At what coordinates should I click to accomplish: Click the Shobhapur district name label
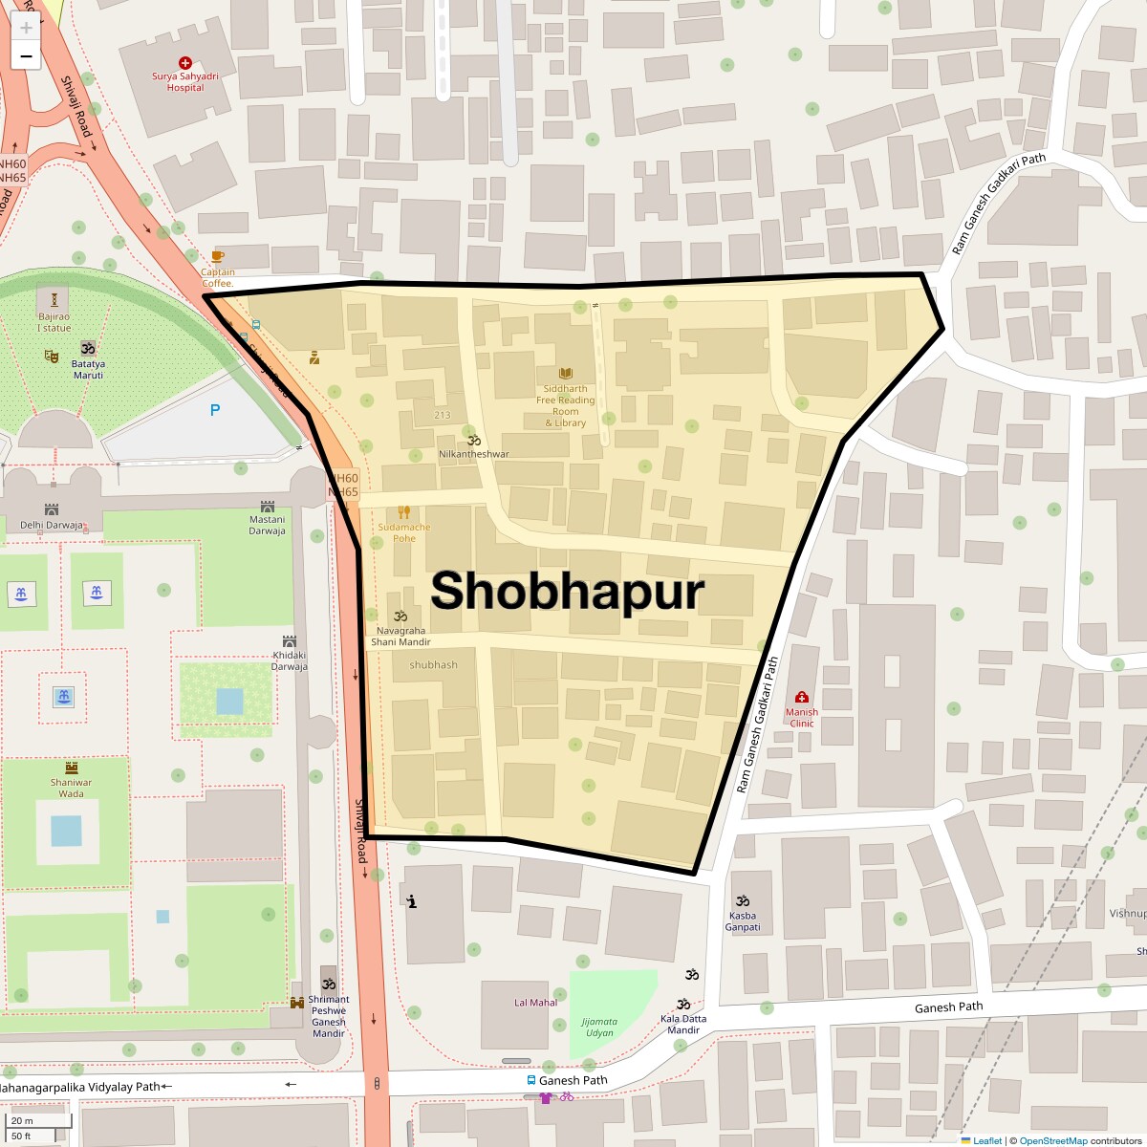[567, 592]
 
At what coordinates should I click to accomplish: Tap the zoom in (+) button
[26, 27]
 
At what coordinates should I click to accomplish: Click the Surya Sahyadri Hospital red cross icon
[185, 63]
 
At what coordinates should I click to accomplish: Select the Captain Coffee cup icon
[217, 256]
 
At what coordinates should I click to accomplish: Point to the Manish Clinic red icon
[802, 698]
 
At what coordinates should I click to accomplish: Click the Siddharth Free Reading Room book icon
[566, 374]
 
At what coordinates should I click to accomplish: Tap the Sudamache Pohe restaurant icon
[404, 512]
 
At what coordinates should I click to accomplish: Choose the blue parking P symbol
[215, 410]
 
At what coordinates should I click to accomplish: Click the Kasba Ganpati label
[743, 921]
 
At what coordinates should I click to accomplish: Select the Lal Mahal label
[535, 1003]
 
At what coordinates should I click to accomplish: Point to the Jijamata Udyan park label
[599, 1028]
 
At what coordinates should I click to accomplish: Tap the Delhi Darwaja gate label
[52, 525]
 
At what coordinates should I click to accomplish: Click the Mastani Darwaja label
[268, 525]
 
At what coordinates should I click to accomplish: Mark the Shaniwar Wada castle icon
[72, 768]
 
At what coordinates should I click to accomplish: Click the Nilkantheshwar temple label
[474, 454]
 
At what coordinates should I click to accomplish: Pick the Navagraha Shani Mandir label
[401, 637]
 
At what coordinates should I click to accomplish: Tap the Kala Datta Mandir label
[683, 1024]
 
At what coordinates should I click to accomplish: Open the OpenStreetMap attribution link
[1052, 1140]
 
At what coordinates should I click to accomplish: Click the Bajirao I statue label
[54, 322]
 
